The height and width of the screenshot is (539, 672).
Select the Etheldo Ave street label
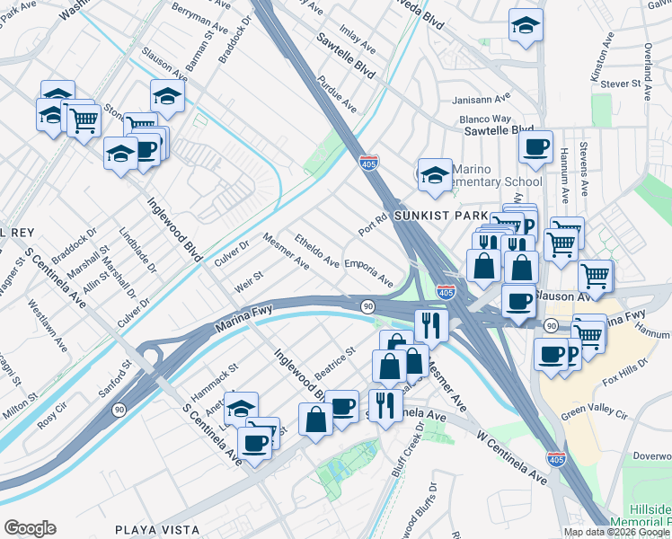point(317,252)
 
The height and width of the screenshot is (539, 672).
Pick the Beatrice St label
point(335,363)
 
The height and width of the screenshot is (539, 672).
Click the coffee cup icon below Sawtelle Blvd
point(536,148)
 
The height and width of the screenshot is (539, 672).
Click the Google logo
point(30,528)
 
